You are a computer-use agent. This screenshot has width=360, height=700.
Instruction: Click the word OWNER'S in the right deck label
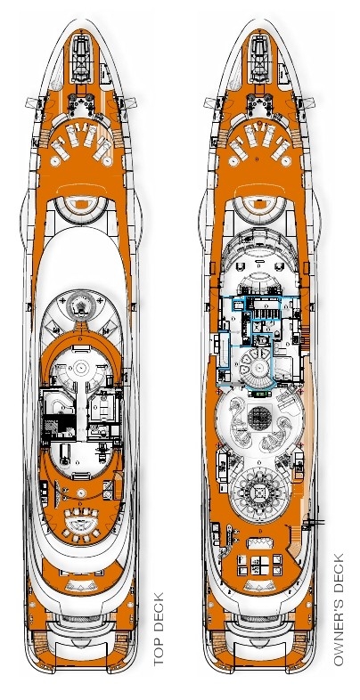tap(339, 631)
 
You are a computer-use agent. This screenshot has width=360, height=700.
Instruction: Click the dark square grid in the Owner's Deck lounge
tap(258, 418)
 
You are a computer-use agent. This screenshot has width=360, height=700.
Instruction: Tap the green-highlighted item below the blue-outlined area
tap(259, 395)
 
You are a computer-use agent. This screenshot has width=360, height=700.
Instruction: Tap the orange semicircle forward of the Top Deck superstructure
tap(81, 205)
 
